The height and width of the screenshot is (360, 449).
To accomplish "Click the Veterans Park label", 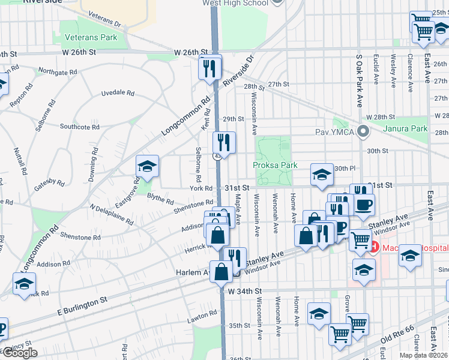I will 91,37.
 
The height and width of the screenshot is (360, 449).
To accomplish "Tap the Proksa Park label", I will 275,165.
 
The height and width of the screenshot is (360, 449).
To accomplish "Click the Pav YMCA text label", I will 334,131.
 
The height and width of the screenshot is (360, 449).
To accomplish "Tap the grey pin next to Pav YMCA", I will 362,131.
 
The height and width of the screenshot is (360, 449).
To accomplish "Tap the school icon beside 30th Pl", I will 322,175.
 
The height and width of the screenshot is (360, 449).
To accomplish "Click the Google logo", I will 20,353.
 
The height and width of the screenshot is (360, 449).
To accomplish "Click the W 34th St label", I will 246,290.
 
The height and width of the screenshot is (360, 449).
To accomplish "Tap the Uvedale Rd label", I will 117,93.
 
